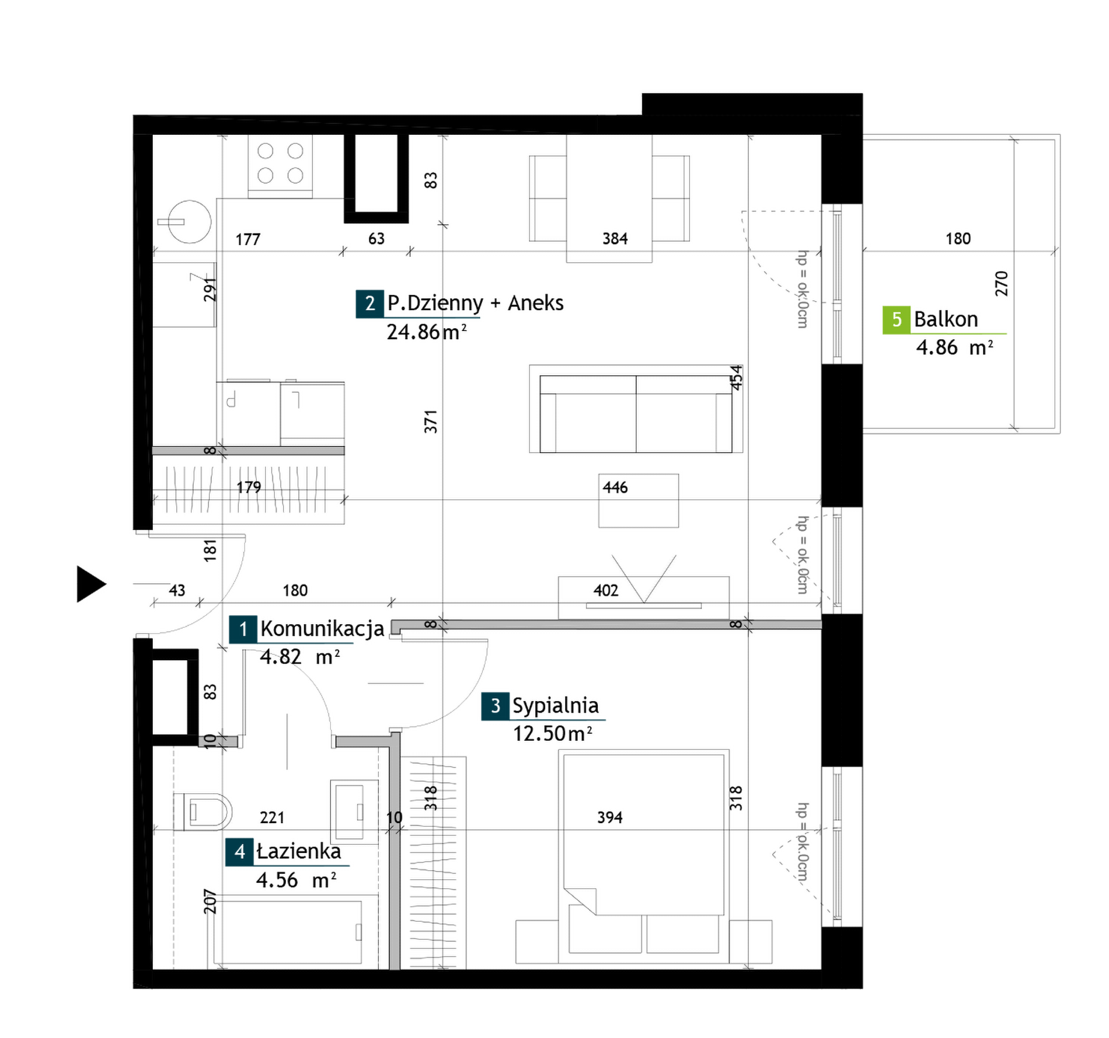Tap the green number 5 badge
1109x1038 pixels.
pyautogui.click(x=897, y=320)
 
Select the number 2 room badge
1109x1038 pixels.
pyautogui.click(x=369, y=304)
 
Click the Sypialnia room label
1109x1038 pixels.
pyautogui.click(x=555, y=706)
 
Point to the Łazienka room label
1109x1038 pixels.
pyautogui.click(x=299, y=851)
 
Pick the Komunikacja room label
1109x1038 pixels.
pyautogui.click(x=322, y=629)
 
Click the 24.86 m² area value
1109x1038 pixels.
pyautogui.click(x=427, y=332)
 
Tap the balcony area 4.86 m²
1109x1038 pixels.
pyautogui.click(x=955, y=348)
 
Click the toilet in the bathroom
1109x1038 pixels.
pyautogui.click(x=203, y=811)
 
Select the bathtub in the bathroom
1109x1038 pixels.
pyautogui.click(x=288, y=932)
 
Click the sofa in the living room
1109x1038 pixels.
pyautogui.click(x=636, y=413)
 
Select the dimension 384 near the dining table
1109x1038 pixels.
pyautogui.click(x=615, y=239)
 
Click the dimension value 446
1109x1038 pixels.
pyautogui.click(x=615, y=487)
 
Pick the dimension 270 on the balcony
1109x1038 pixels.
pyautogui.click(x=1002, y=284)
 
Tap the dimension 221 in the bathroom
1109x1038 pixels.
pyautogui.click(x=272, y=817)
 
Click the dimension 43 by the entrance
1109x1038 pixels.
pyautogui.click(x=177, y=591)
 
